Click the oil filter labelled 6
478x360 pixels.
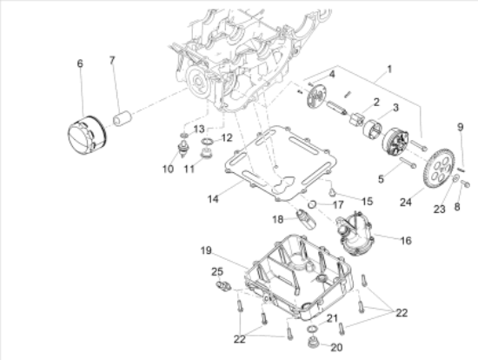(87, 135)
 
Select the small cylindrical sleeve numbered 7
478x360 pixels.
(123, 118)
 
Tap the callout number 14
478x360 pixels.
(213, 199)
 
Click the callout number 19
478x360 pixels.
(206, 250)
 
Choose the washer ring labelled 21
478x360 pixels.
(313, 329)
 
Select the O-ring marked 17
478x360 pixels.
(312, 204)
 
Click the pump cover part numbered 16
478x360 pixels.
(355, 233)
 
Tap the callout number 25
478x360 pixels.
(217, 271)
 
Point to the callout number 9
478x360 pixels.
(461, 127)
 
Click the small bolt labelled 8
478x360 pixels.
(465, 183)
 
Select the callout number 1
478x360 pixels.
(389, 70)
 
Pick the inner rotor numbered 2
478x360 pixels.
(356, 118)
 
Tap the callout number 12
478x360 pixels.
(226, 138)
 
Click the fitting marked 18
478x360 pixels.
(306, 218)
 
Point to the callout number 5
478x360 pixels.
(381, 179)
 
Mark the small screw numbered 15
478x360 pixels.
(332, 192)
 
